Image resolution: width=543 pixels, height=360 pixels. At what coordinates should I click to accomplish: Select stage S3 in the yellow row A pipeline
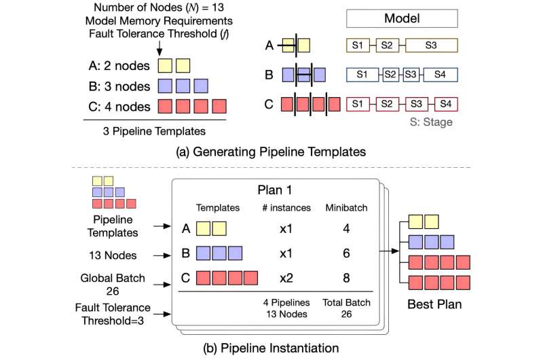431,46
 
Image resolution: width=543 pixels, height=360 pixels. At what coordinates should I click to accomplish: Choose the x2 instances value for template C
285,278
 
